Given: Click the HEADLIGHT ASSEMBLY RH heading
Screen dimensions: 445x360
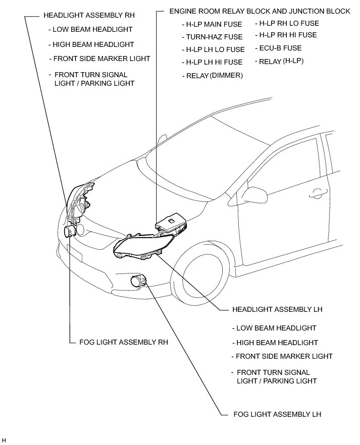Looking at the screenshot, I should [x=89, y=16].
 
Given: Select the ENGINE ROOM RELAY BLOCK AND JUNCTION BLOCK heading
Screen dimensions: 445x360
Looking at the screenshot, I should [x=260, y=11].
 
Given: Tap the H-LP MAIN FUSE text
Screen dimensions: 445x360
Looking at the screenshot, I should [x=214, y=24].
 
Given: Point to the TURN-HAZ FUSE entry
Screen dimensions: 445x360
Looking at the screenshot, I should [x=214, y=37].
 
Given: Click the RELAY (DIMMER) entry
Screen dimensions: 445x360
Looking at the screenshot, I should [x=215, y=75].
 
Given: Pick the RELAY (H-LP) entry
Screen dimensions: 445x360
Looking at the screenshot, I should [x=281, y=62].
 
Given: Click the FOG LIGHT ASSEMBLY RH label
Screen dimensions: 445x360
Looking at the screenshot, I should [x=124, y=342].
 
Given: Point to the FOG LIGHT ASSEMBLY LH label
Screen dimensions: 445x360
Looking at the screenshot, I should [x=277, y=414].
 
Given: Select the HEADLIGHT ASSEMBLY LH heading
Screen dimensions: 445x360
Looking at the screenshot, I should [x=277, y=309].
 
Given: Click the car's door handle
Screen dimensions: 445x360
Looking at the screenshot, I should [x=318, y=192].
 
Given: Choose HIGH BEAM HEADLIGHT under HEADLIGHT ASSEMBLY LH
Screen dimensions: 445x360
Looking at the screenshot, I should [x=277, y=343].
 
